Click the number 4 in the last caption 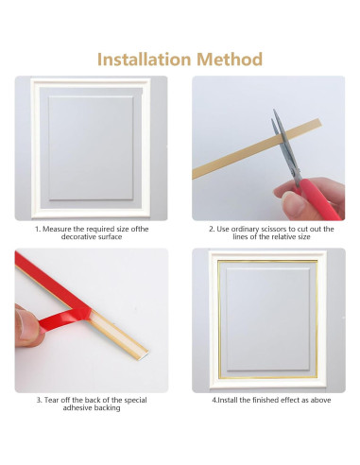(x=214, y=400)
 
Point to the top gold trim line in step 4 (x=268, y=262)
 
